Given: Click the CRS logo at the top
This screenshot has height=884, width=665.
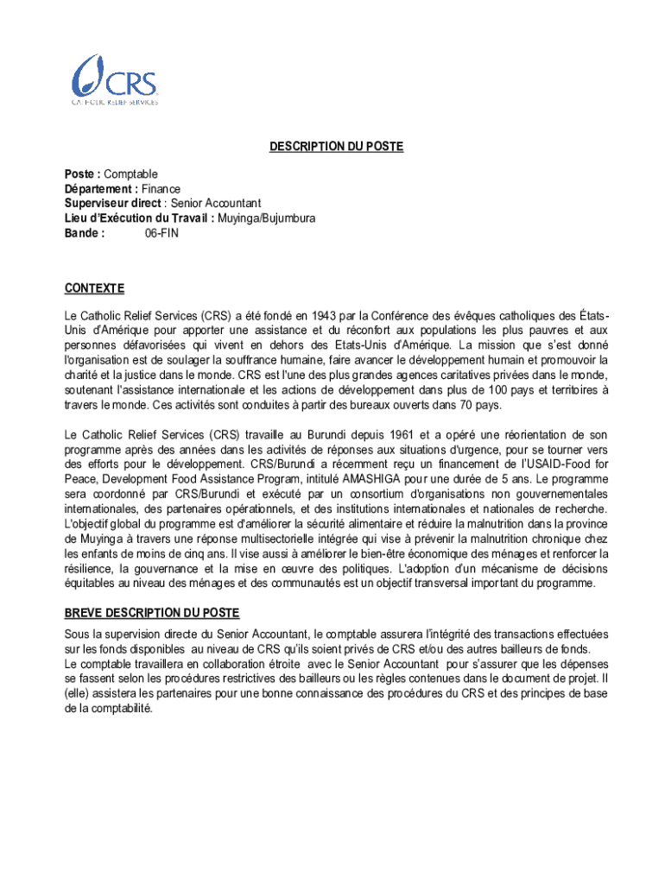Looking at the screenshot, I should click(x=114, y=79).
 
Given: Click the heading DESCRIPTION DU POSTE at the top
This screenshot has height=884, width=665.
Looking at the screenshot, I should click(x=336, y=147).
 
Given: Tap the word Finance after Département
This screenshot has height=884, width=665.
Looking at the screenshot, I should click(x=161, y=188).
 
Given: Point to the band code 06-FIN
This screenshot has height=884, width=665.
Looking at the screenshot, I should click(x=161, y=232).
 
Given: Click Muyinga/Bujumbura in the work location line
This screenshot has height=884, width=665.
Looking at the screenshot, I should click(x=267, y=218).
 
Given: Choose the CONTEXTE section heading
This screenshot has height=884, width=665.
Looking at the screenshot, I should click(x=95, y=287).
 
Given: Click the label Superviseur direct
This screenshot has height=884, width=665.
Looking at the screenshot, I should click(x=102, y=203).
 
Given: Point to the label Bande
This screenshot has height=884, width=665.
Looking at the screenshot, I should click(x=84, y=232).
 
